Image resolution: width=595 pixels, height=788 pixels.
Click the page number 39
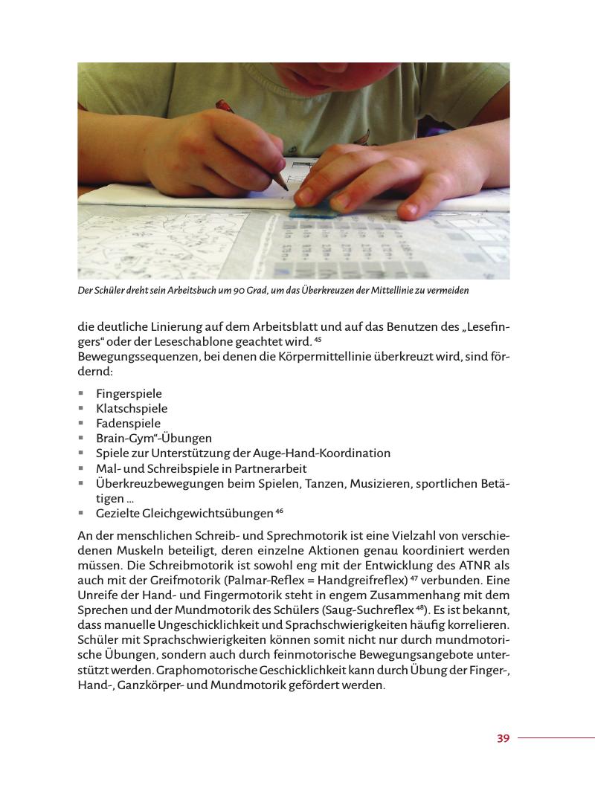[x=503, y=738]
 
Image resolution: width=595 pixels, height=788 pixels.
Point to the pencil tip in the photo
[x=289, y=192]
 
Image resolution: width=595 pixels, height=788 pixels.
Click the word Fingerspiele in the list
[x=129, y=393]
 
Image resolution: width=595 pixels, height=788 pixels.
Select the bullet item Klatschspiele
[x=132, y=408]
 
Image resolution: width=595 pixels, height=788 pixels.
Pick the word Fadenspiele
[x=128, y=423]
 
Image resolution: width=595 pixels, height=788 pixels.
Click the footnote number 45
[x=318, y=340]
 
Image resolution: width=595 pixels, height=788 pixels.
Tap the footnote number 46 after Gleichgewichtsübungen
[x=279, y=511]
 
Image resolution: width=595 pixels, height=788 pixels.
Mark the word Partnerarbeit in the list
[x=270, y=468]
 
